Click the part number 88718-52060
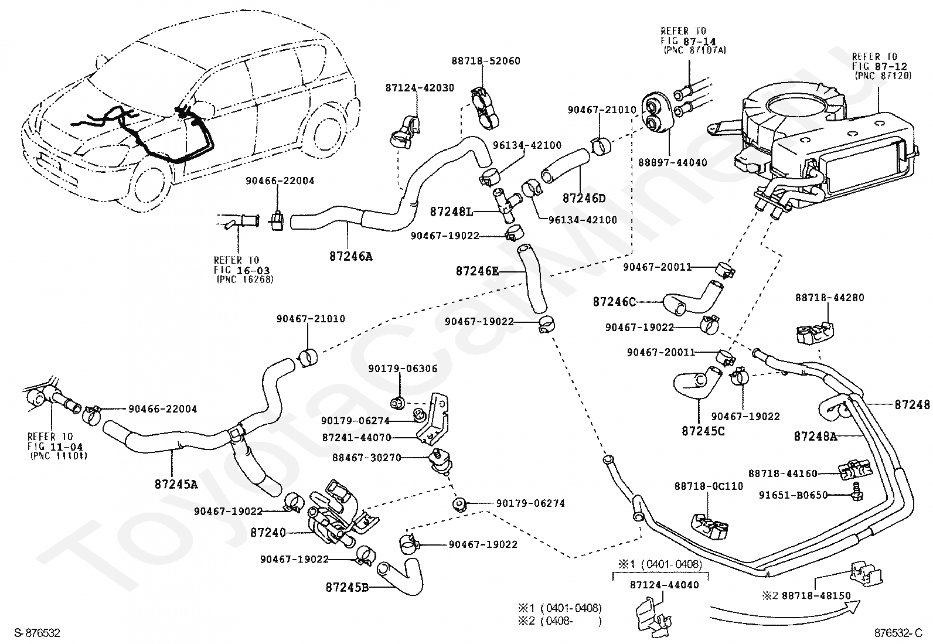(485, 61)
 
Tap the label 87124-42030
(419, 87)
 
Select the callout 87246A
(350, 256)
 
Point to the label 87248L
(451, 211)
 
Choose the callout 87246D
(584, 198)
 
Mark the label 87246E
(478, 271)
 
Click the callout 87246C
(614, 302)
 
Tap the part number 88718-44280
(829, 298)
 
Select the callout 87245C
(703, 431)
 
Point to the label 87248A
(815, 436)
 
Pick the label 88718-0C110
(708, 486)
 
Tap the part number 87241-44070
(361, 437)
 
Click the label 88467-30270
(366, 458)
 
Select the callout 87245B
(347, 587)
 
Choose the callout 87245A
(176, 484)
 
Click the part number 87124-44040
(665, 585)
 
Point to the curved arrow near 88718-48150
(785, 613)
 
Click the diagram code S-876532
(37, 633)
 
